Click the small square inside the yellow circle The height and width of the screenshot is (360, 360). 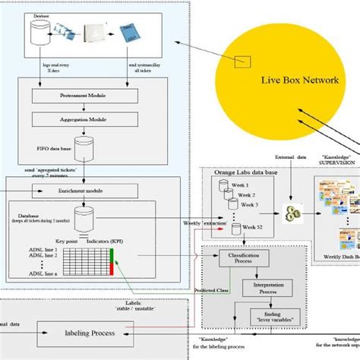tap(244, 61)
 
